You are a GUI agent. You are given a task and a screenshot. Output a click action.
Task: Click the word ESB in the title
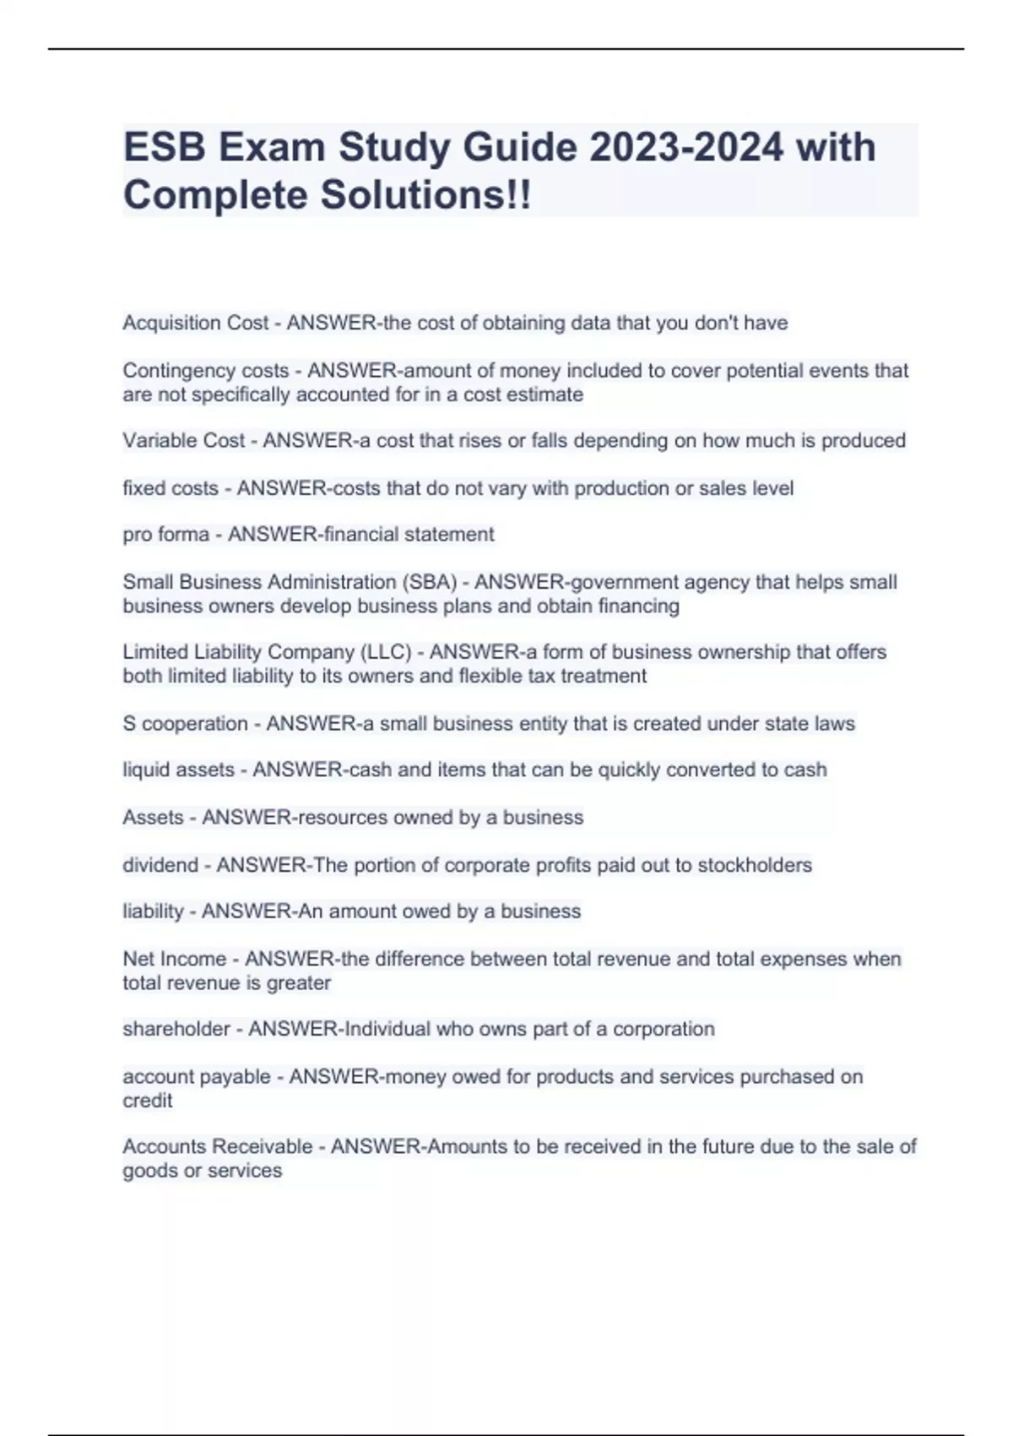click(165, 148)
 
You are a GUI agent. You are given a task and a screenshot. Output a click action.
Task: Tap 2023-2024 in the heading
click(686, 148)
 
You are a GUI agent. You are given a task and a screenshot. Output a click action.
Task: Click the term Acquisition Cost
click(195, 323)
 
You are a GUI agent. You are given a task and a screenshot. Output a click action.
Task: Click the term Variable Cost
click(183, 441)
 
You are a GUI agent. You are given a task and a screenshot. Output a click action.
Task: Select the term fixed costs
click(171, 488)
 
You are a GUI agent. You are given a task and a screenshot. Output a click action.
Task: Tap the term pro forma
click(165, 535)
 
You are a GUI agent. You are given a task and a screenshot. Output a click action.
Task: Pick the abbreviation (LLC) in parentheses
click(386, 652)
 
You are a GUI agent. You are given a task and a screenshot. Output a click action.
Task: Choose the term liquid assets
click(178, 770)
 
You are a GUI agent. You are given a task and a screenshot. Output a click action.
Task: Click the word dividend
click(160, 865)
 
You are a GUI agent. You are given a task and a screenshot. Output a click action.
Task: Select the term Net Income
click(174, 960)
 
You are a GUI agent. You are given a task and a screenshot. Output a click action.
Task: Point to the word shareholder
click(176, 1029)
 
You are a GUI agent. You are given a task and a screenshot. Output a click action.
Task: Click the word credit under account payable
click(147, 1101)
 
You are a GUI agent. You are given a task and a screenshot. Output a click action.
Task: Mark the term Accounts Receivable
click(217, 1147)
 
